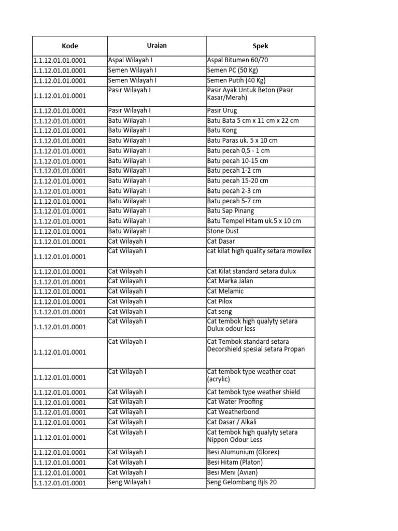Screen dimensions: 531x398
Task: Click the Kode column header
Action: pos(69,46)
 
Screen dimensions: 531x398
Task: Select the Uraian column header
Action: pos(157,46)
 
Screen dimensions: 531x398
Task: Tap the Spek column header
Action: pos(260,46)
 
